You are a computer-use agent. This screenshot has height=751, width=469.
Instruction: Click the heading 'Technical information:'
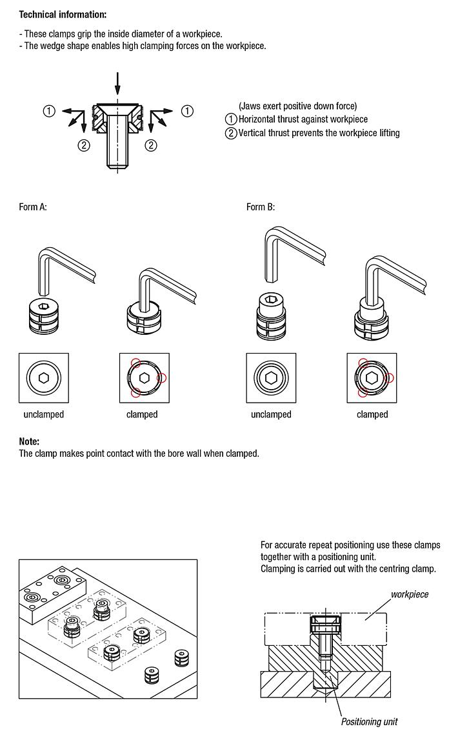tap(63, 15)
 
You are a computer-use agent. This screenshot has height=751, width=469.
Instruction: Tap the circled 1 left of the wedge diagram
tap(49, 111)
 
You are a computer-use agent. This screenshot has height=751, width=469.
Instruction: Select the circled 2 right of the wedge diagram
tap(150, 145)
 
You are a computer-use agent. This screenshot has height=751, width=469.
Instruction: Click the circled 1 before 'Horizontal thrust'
tap(231, 119)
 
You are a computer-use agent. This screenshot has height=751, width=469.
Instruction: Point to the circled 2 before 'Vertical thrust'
tap(231, 133)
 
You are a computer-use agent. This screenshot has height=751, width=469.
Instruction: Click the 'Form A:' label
tap(33, 207)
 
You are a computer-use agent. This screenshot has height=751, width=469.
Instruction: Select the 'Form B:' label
tap(261, 207)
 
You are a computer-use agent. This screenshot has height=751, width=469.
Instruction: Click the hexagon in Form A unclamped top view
tap(43, 378)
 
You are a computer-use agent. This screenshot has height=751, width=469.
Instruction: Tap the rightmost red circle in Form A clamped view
tap(161, 378)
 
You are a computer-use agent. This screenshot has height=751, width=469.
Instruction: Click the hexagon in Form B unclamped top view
tap(271, 378)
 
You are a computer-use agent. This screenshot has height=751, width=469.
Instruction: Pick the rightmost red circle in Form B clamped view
tap(389, 378)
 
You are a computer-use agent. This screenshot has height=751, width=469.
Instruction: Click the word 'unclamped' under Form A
tap(43, 415)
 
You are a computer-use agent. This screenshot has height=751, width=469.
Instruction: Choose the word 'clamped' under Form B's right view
tap(372, 415)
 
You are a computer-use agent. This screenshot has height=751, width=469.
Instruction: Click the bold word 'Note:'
tap(29, 441)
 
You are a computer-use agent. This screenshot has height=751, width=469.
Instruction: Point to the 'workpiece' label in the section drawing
tap(409, 594)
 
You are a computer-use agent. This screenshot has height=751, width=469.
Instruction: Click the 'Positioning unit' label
tap(369, 722)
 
